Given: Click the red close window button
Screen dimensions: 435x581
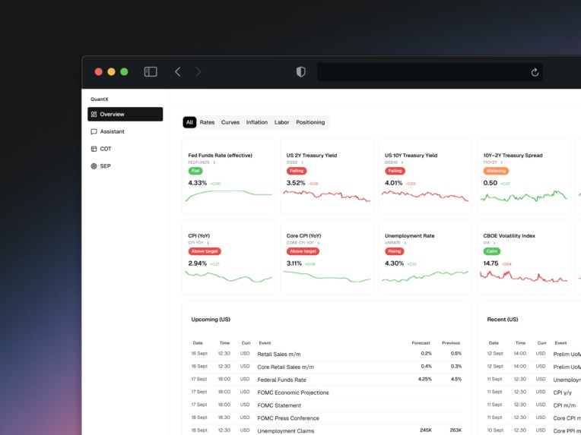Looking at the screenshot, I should [x=98, y=72].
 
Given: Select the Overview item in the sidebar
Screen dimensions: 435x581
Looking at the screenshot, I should [x=125, y=115].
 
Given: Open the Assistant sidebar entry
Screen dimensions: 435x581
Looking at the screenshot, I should [x=112, y=132].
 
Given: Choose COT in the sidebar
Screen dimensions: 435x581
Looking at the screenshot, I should [x=106, y=149].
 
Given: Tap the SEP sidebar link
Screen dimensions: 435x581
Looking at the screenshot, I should [x=105, y=166].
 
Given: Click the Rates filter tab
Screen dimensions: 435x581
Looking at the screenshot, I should [x=207, y=122].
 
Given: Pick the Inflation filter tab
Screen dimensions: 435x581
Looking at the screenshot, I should [x=257, y=122].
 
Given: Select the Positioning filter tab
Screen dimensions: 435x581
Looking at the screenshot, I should [x=310, y=122].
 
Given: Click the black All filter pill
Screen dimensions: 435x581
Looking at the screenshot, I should [x=189, y=122].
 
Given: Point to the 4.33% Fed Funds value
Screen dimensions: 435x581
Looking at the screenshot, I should [x=197, y=183].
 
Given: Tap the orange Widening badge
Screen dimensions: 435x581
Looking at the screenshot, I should [x=496, y=171].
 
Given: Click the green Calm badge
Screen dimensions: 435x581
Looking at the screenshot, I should [x=491, y=251].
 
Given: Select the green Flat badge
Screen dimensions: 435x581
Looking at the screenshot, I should [x=195, y=171].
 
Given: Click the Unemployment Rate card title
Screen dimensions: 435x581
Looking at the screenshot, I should [x=409, y=236].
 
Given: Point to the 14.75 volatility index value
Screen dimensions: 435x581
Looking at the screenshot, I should [x=491, y=263].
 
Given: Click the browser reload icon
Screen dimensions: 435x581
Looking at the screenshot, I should [x=535, y=72].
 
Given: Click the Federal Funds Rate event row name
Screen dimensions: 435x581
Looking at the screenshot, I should [x=281, y=380].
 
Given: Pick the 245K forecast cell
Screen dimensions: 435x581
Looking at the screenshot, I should [x=426, y=430].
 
